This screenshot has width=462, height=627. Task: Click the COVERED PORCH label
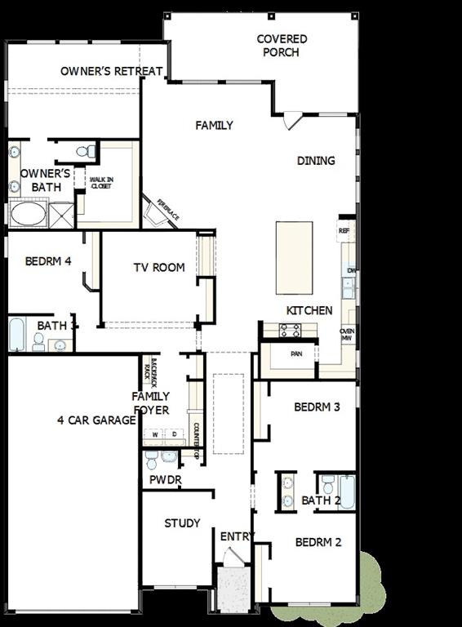(282, 46)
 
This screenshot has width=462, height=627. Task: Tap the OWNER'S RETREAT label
(111, 71)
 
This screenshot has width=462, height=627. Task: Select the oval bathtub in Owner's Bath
(29, 214)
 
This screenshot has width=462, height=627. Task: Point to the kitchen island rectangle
(294, 257)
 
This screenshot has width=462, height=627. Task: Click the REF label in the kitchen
(344, 231)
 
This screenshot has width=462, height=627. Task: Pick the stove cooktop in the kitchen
(290, 330)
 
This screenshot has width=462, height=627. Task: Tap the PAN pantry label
(297, 354)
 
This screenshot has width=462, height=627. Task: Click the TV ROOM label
(159, 267)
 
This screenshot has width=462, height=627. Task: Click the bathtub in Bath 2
(346, 491)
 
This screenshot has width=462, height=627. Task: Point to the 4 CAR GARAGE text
(96, 420)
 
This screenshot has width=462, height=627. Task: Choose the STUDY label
(182, 522)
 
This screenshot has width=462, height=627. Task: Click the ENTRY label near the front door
(238, 536)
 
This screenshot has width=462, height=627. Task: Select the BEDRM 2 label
(318, 542)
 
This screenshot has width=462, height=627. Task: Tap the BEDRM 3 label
(317, 407)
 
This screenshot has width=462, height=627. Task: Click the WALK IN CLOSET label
(101, 183)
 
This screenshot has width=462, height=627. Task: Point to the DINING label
(316, 161)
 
